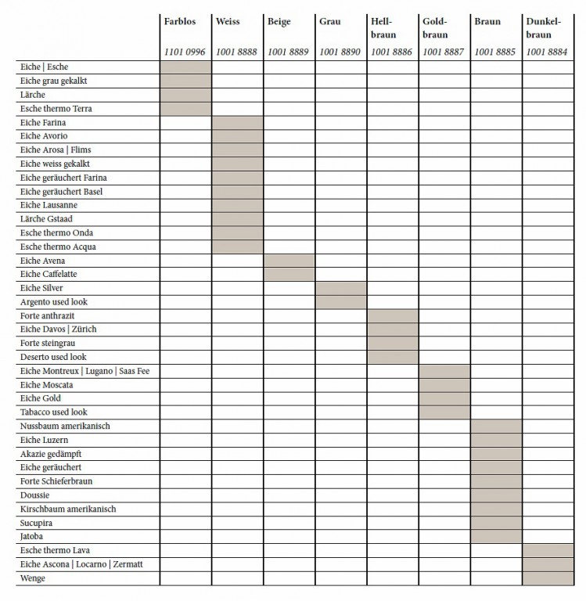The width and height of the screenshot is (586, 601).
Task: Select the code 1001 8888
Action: click(x=236, y=52)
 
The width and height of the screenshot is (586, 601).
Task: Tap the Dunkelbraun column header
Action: click(x=544, y=28)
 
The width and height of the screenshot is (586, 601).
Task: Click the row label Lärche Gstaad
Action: click(x=46, y=219)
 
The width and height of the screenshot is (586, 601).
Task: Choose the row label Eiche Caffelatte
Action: click(x=49, y=275)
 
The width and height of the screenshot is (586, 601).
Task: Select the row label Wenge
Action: click(x=33, y=578)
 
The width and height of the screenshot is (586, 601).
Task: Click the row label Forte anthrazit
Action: click(x=48, y=315)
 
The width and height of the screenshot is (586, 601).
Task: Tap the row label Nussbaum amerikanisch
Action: click(x=65, y=426)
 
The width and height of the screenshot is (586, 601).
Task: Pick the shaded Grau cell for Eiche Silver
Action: click(x=340, y=288)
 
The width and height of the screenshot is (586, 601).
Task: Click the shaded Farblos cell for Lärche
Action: click(x=185, y=95)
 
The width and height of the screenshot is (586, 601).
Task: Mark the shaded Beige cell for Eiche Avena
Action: click(x=289, y=261)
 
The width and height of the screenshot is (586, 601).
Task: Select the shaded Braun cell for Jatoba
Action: click(x=496, y=537)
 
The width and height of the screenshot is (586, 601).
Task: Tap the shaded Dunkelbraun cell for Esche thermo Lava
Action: click(x=548, y=550)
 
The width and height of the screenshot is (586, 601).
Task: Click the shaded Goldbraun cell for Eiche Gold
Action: click(x=444, y=398)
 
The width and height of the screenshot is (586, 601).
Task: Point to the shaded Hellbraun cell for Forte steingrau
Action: click(x=392, y=343)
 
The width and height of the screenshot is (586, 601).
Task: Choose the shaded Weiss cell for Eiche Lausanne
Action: click(x=237, y=205)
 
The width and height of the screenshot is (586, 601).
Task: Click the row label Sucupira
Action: click(x=36, y=523)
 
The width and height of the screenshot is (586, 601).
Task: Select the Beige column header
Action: click(x=279, y=21)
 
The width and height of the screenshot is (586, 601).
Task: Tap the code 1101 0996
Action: click(x=185, y=52)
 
